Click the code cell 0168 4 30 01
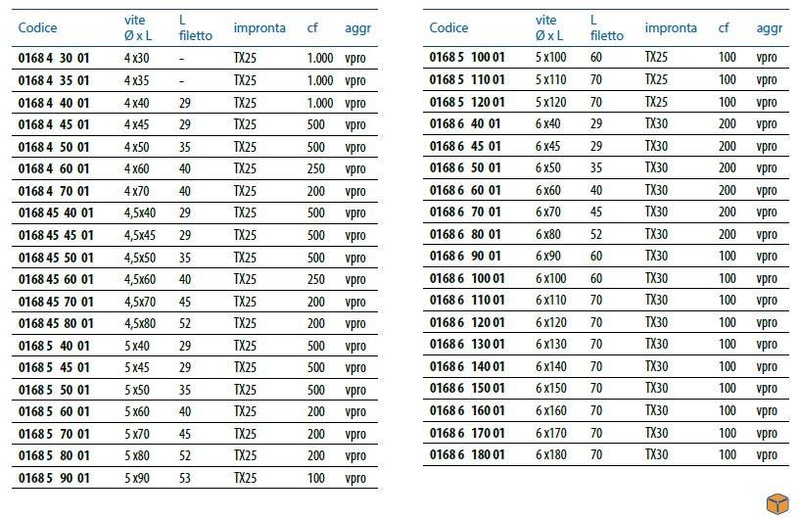click(54, 59)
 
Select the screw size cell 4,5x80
click(139, 323)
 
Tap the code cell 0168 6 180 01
click(467, 454)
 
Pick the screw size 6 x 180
click(551, 454)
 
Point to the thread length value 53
click(185, 478)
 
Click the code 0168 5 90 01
click(54, 478)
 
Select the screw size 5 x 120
click(551, 102)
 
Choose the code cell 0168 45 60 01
click(56, 279)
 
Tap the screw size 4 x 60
click(137, 168)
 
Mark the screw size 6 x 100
click(551, 278)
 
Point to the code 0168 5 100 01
click(467, 58)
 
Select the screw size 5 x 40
click(137, 346)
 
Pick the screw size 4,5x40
click(139, 212)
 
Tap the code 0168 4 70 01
click(54, 191)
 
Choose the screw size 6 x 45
click(548, 146)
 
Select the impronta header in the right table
click(671, 27)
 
